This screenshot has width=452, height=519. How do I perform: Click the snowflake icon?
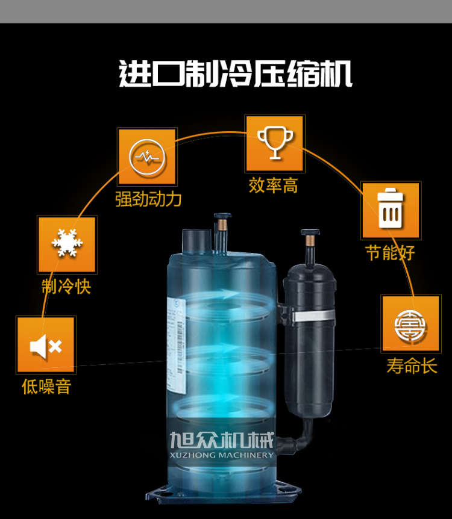pyautogui.click(x=67, y=243)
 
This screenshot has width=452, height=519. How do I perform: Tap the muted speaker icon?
pyautogui.click(x=46, y=347)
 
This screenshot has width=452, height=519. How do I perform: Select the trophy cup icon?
pyautogui.click(x=275, y=143)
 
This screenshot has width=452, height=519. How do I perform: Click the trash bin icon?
pyautogui.click(x=391, y=208)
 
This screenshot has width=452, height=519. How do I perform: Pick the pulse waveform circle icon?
pyautogui.click(x=147, y=157)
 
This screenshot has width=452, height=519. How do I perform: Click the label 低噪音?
pyautogui.click(x=46, y=387)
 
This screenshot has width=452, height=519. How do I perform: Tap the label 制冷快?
pyautogui.click(x=66, y=286)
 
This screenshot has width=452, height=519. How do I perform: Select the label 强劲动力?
pyautogui.click(x=148, y=199)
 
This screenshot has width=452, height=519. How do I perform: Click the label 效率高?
pyautogui.click(x=273, y=185)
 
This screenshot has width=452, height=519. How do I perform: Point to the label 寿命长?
pyautogui.click(x=412, y=365)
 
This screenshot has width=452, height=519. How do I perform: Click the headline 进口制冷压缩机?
pyautogui.click(x=235, y=73)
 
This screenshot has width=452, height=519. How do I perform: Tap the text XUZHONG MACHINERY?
pyautogui.click(x=222, y=455)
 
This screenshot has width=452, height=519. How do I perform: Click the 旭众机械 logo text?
pyautogui.click(x=222, y=440)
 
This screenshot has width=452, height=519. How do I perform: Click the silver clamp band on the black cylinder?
pyautogui.click(x=314, y=315)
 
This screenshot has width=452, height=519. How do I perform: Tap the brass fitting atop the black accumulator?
pyautogui.click(x=310, y=240)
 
